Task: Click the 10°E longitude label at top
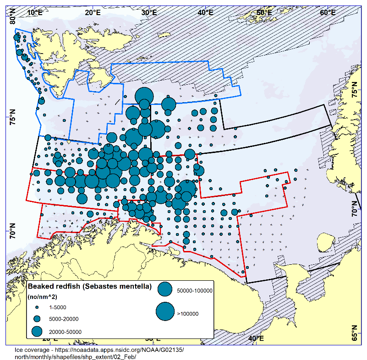35,12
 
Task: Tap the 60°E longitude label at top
326,12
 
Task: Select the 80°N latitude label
13,18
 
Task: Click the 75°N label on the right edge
354,89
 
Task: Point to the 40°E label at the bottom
256,338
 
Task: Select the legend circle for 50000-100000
165,289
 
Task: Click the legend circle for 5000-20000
37,319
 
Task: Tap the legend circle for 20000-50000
37,331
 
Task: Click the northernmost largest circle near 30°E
144,96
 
